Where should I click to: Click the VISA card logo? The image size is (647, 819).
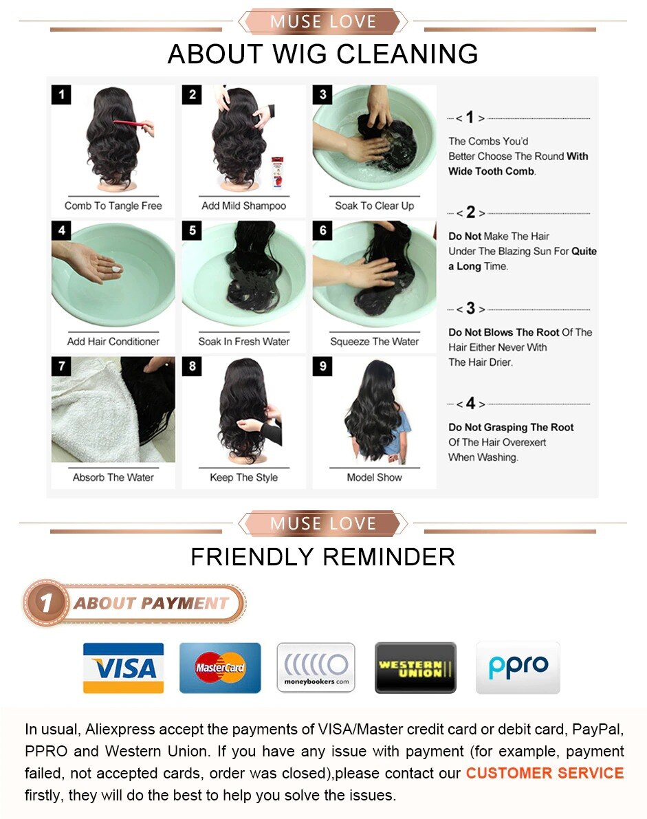coord(123,668)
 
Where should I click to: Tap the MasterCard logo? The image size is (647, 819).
coord(220,668)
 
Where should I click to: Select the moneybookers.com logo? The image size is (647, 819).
coord(316,668)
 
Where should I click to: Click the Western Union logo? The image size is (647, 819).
coord(415,668)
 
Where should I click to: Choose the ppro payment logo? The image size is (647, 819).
coord(518,668)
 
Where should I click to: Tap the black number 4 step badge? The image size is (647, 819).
coord(62,230)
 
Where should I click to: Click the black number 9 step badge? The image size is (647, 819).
coord(322,366)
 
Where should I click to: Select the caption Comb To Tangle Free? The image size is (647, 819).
coord(113,206)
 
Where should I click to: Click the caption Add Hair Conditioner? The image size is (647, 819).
coord(113,342)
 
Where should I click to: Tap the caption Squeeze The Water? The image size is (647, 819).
coord(375,342)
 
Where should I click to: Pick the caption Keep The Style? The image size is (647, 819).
coord(244,477)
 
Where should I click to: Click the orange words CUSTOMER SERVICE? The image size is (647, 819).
coord(545,773)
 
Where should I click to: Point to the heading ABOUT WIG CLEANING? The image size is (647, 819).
coord(322,54)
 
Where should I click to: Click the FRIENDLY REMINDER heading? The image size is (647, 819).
coord(322,557)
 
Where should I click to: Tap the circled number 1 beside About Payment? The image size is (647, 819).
coord(47,603)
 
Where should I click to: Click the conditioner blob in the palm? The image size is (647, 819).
coord(116,268)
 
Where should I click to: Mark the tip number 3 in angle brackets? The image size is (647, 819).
coord(470,308)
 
